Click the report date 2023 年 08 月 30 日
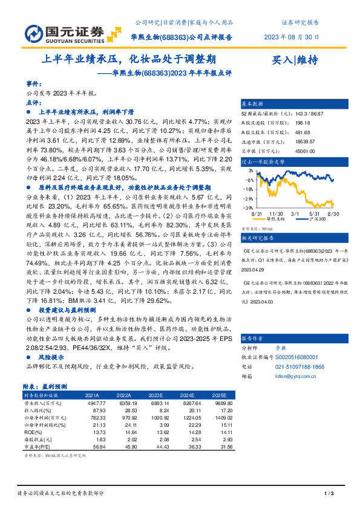[292, 37]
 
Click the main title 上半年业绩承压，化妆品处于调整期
[130, 59]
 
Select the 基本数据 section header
[253, 103]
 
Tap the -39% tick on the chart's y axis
[249, 207]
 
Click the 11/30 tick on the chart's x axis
[277, 213]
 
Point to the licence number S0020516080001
[289, 358]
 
